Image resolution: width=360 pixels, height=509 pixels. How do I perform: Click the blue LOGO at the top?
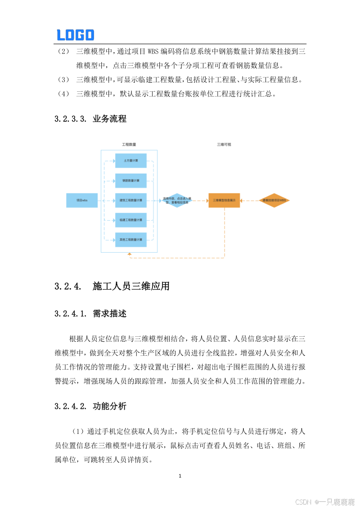[x=75, y=35]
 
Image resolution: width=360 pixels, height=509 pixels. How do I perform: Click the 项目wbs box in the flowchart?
[x=82, y=200]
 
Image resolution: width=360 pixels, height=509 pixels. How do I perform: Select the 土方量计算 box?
[x=131, y=161]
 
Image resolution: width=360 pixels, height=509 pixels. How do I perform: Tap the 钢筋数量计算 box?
[x=131, y=180]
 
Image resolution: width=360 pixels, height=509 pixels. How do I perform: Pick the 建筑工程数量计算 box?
[x=131, y=200]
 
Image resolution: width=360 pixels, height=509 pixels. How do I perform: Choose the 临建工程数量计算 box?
[x=131, y=220]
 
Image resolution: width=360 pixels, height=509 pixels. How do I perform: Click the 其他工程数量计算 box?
[x=131, y=240]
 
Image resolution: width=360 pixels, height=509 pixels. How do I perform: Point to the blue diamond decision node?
[x=177, y=200]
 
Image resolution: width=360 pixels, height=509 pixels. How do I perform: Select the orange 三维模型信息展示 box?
[x=224, y=200]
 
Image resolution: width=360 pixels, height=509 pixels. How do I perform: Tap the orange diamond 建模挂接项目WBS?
[x=274, y=200]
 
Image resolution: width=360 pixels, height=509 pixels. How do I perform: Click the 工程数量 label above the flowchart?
[x=129, y=145]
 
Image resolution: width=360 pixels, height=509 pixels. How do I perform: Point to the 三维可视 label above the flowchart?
[x=224, y=145]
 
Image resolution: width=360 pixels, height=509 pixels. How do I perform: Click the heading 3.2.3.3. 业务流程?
[x=90, y=119]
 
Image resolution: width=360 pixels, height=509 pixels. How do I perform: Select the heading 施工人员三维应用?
[x=131, y=286]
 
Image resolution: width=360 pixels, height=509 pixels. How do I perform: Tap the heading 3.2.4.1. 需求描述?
[x=90, y=314]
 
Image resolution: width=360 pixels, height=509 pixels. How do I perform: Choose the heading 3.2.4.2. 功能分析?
[x=90, y=406]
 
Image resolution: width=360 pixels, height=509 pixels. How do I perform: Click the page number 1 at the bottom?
[x=180, y=475]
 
